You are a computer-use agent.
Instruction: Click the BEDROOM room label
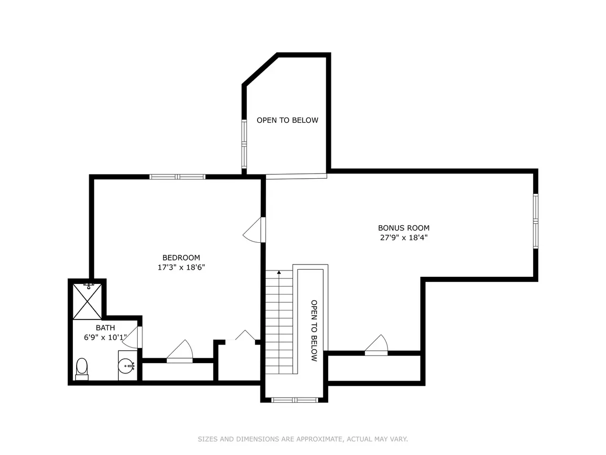(x=181, y=258)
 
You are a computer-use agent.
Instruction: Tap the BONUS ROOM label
(x=404, y=228)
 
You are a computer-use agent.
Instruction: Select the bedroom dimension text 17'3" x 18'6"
(x=181, y=267)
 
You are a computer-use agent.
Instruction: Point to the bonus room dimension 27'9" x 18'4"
(x=404, y=237)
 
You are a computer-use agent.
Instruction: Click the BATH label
(x=105, y=328)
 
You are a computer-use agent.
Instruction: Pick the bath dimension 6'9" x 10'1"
(x=105, y=337)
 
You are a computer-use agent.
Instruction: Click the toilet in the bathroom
(x=82, y=369)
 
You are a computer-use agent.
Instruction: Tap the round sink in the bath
(x=126, y=366)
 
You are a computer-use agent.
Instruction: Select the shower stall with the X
(x=87, y=302)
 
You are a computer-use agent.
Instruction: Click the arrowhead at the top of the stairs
(x=279, y=273)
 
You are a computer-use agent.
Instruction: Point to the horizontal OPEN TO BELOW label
(x=287, y=120)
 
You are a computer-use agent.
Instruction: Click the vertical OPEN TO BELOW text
(x=314, y=331)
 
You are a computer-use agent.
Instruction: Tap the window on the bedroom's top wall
(x=177, y=177)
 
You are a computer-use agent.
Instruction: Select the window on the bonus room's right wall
(x=535, y=221)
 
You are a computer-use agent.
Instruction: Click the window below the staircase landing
(x=294, y=400)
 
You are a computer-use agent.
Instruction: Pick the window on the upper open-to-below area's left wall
(x=244, y=144)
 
